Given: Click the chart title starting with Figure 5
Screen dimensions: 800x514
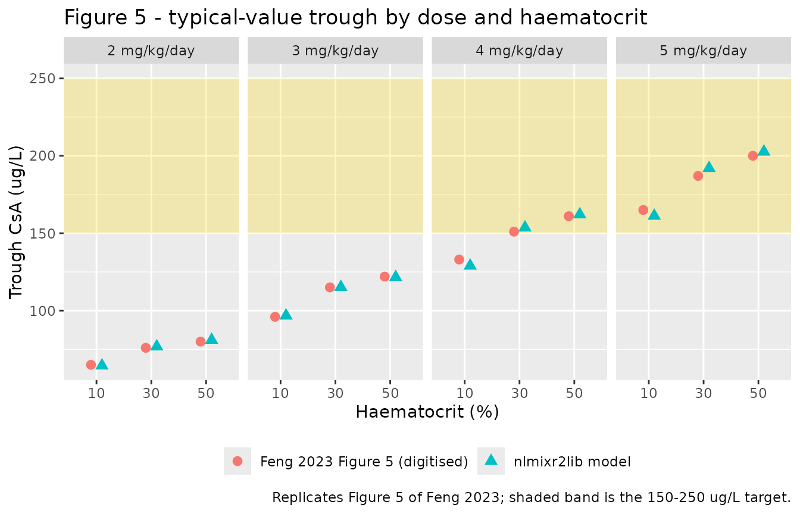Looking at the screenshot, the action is [355, 17].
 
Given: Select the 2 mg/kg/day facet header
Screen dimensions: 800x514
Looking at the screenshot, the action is [151, 51].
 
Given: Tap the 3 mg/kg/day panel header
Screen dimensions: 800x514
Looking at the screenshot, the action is [335, 51].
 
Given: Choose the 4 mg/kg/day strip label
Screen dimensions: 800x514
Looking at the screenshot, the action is [519, 51].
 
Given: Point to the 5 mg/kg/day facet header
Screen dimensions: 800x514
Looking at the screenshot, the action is [703, 51].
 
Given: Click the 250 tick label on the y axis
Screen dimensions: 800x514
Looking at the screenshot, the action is [42, 79].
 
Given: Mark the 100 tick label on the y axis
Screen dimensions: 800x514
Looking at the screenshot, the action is [42, 311].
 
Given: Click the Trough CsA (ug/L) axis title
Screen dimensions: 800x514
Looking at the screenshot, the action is [15, 222].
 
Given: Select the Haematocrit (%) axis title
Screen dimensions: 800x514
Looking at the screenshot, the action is [427, 412].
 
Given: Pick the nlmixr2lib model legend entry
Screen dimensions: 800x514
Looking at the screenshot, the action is [554, 461].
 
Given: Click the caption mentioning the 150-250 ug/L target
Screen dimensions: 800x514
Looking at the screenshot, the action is [532, 497].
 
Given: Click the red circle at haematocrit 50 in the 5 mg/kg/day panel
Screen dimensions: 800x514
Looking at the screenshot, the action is [753, 156].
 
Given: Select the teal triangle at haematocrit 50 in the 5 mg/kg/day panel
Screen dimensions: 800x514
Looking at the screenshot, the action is [764, 151].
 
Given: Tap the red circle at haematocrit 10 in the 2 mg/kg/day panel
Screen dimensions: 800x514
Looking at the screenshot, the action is [90, 365].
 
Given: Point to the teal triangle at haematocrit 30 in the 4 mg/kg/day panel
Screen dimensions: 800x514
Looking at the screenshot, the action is [525, 227].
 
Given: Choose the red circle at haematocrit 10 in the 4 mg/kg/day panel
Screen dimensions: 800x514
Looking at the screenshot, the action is [459, 259].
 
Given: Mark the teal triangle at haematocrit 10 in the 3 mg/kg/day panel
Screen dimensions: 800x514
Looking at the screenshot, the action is [286, 315].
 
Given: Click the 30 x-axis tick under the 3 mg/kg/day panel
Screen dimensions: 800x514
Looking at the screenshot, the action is [335, 393].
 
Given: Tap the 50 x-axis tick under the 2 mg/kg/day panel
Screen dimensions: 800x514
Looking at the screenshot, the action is [206, 393].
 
